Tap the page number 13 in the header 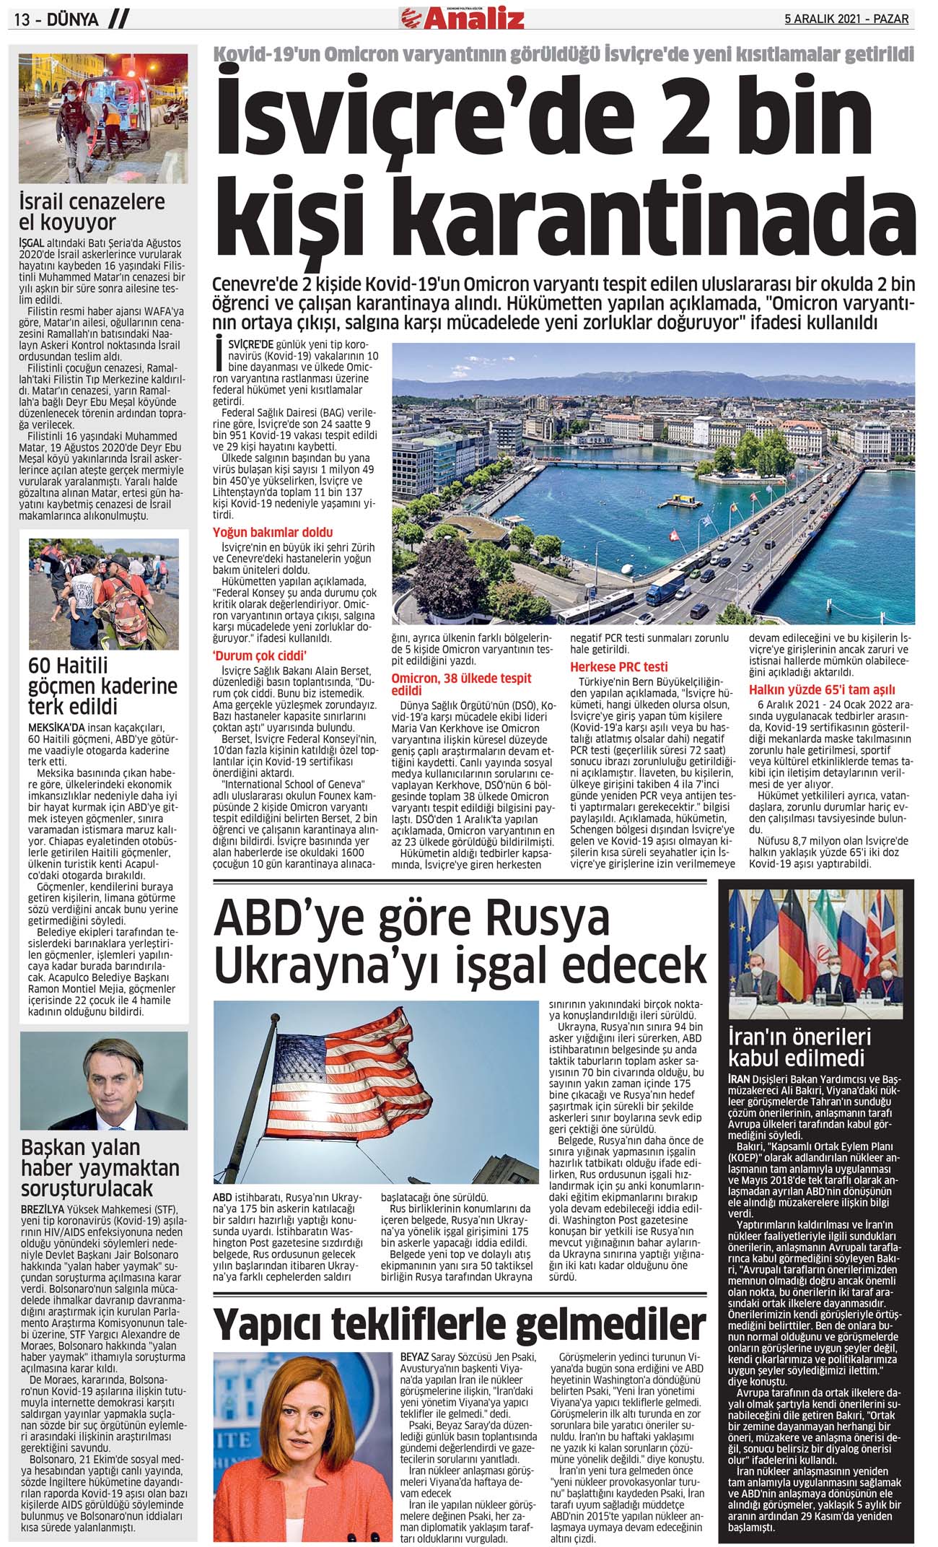(x=22, y=19)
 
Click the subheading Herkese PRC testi (x=618, y=666)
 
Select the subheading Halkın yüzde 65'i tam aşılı (x=821, y=689)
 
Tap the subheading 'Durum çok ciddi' (x=260, y=655)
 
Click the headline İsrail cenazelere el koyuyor (x=92, y=212)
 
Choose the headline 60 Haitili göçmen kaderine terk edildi (x=102, y=686)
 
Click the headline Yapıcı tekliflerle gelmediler (x=460, y=1324)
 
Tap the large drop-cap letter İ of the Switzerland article (x=218, y=354)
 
